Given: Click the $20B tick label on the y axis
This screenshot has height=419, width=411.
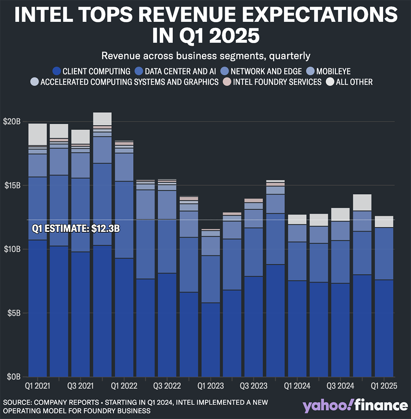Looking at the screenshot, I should [x=12, y=122].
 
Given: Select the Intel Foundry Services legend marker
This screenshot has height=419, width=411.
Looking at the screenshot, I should [x=228, y=82].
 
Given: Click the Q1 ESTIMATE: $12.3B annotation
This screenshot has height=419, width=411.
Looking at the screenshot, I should [x=76, y=229].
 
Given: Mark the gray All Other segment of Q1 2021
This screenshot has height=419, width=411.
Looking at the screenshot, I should [x=38, y=134].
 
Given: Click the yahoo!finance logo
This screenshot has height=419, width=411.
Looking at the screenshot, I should [x=355, y=405].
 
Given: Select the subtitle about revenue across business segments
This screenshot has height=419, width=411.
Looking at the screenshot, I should [x=205, y=56].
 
